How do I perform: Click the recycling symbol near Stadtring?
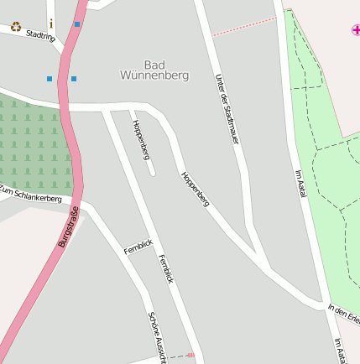[16, 27]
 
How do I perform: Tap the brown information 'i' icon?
[51, 23]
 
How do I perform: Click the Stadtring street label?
[41, 36]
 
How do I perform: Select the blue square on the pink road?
[77, 24]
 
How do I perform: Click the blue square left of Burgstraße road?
[50, 79]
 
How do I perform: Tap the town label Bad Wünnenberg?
[166, 70]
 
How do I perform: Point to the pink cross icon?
[355, 30]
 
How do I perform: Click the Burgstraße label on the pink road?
[69, 226]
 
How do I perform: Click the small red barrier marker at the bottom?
[191, 356]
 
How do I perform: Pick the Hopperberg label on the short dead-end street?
[140, 140]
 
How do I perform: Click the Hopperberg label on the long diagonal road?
[195, 189]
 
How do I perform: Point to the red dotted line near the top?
[243, 27]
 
